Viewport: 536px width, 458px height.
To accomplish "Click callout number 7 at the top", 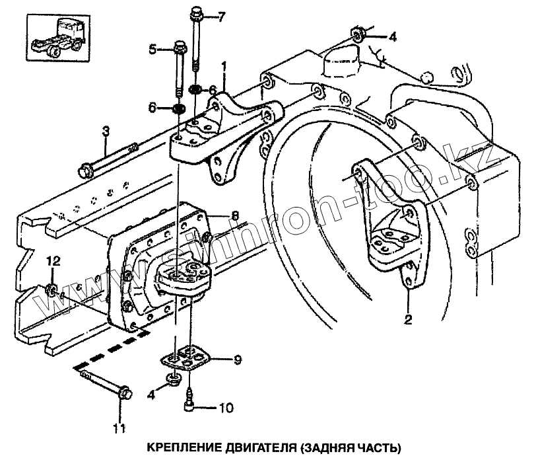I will [222, 16].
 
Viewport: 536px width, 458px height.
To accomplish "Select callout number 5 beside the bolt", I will [152, 48].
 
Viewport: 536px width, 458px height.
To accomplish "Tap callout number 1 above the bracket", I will [224, 67].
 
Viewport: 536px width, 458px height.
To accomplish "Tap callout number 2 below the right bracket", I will [407, 320].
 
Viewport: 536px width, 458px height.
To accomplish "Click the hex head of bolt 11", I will [123, 393].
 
